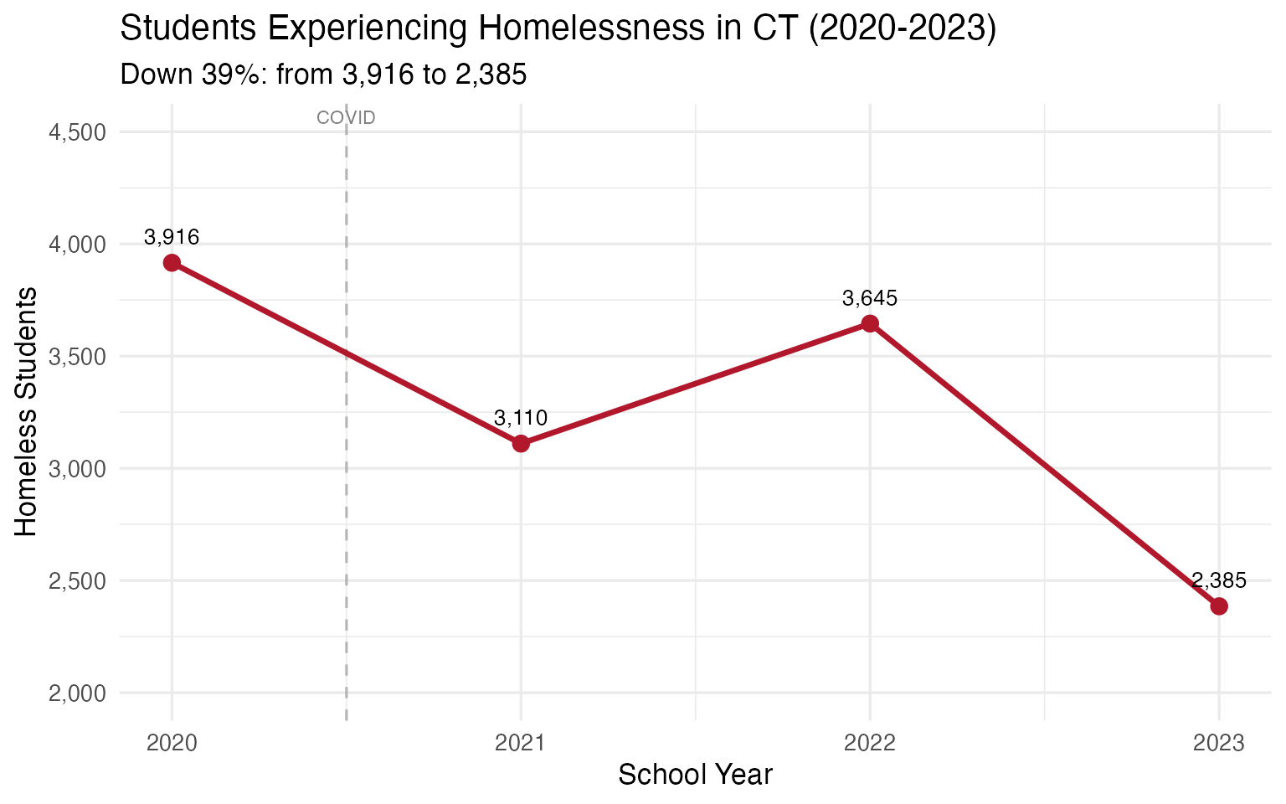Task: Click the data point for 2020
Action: click(x=172, y=263)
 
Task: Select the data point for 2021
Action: click(x=521, y=443)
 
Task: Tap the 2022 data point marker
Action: click(x=870, y=323)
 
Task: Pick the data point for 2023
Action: click(x=1219, y=606)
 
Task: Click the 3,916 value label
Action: click(x=172, y=237)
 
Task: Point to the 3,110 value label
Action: click(x=521, y=418)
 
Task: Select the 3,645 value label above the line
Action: click(x=870, y=298)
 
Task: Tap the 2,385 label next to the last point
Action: click(x=1219, y=580)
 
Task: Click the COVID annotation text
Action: click(x=346, y=118)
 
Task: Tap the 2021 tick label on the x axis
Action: click(x=521, y=743)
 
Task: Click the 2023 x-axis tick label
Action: click(x=1219, y=743)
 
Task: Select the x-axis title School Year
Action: click(x=695, y=775)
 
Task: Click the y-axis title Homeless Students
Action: click(x=26, y=411)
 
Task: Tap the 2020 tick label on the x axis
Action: click(x=172, y=743)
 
